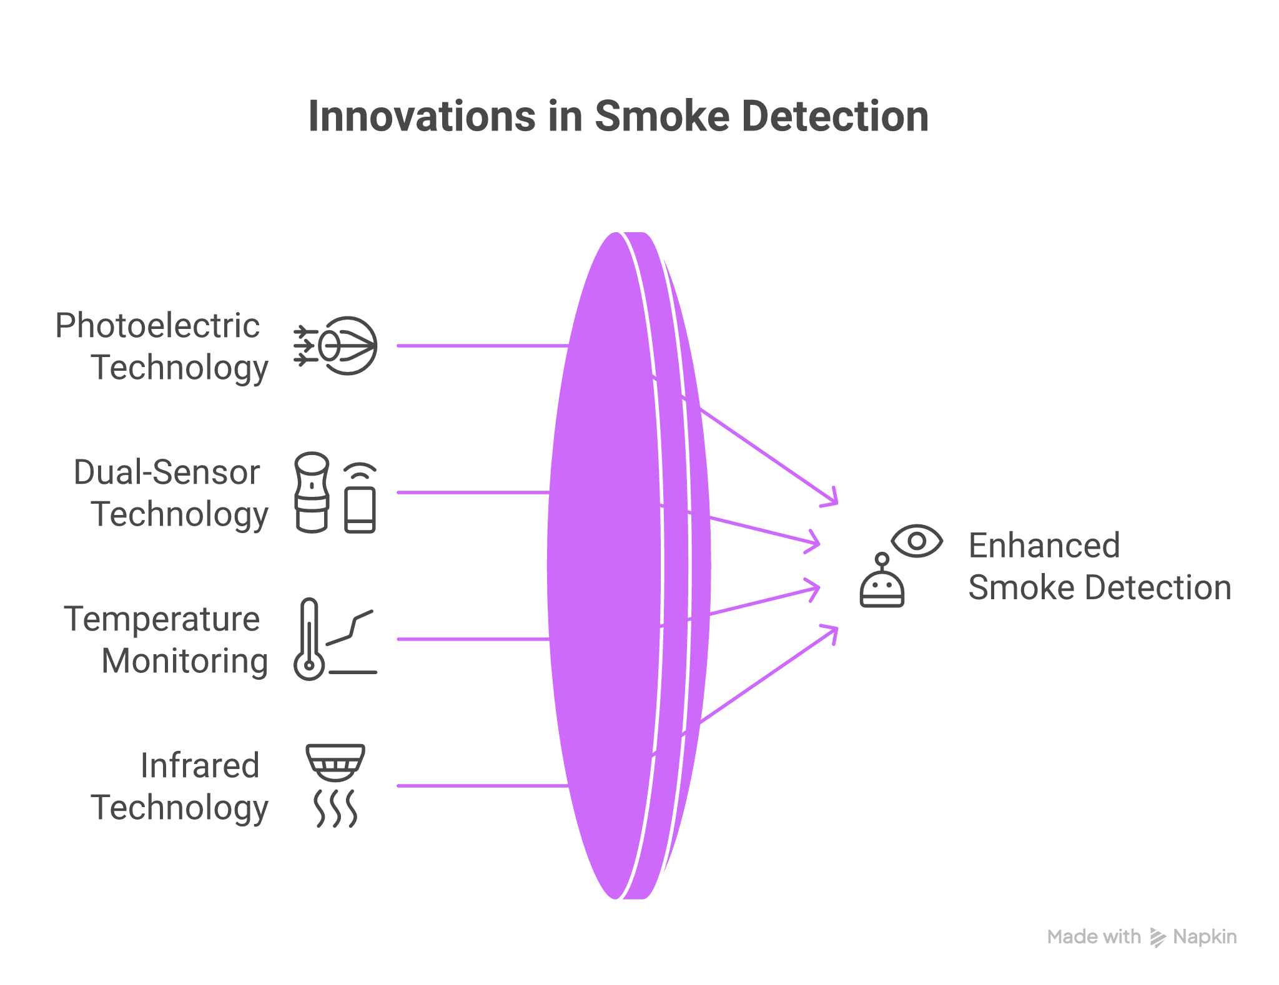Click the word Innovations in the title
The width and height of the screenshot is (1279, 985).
(422, 117)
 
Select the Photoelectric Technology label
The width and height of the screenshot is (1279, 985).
(161, 346)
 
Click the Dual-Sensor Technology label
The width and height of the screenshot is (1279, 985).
(170, 493)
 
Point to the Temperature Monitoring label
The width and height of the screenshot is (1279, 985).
(165, 640)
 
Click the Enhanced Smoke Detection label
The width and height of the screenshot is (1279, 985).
(1099, 567)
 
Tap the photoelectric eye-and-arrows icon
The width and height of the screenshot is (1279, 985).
(337, 346)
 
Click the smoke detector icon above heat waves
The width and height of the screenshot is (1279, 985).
(335, 763)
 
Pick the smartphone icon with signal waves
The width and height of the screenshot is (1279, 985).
(360, 499)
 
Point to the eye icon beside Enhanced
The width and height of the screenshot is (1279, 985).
(917, 541)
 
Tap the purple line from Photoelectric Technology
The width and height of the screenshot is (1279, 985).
(481, 346)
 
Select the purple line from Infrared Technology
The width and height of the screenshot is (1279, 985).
(481, 786)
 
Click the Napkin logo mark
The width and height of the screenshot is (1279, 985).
(1157, 938)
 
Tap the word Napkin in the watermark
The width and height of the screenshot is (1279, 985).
(1205, 937)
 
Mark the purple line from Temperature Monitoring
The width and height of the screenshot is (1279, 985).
(472, 639)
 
